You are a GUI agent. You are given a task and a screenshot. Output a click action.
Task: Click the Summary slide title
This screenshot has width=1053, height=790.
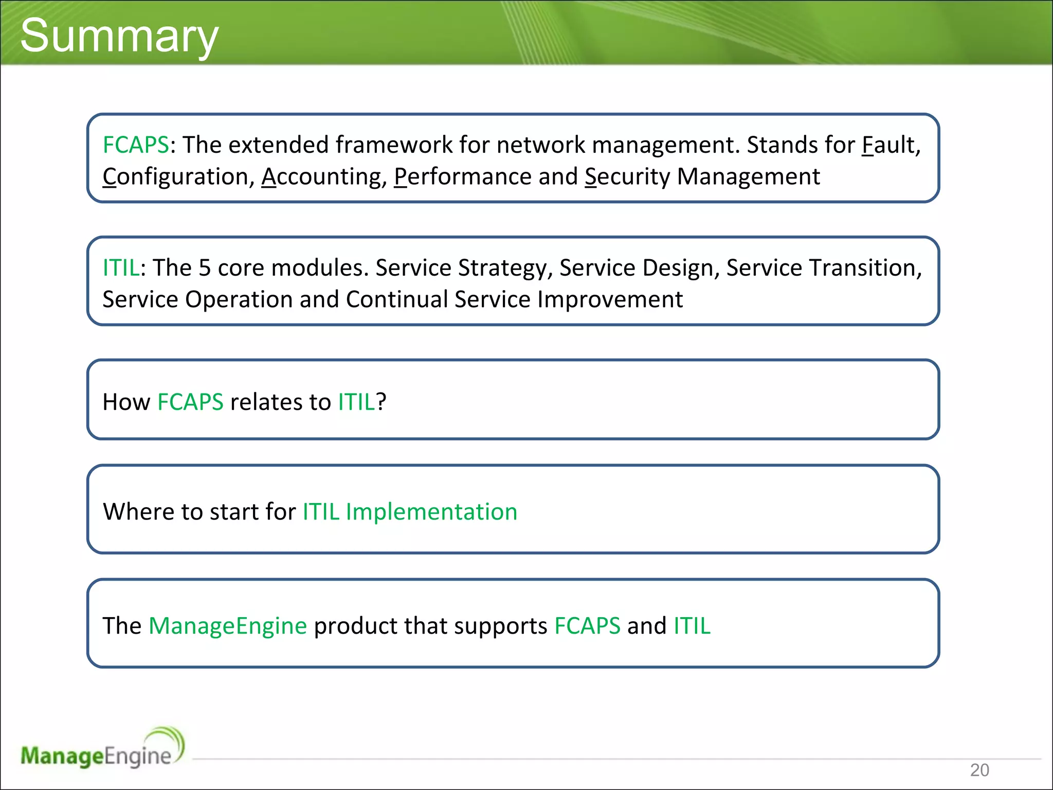pyautogui.click(x=119, y=36)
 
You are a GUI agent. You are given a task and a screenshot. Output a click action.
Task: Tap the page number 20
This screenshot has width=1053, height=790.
pyautogui.click(x=979, y=770)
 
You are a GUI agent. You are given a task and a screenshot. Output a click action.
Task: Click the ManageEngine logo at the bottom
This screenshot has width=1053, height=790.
pyautogui.click(x=102, y=749)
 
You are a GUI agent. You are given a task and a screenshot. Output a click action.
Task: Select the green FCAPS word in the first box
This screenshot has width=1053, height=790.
pyautogui.click(x=136, y=145)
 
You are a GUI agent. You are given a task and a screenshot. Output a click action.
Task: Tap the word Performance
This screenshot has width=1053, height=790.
pyautogui.click(x=462, y=177)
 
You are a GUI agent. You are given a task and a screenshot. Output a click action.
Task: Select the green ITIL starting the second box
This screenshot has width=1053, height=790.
pyautogui.click(x=120, y=268)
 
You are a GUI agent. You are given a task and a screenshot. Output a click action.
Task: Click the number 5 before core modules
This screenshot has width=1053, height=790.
pyautogui.click(x=205, y=268)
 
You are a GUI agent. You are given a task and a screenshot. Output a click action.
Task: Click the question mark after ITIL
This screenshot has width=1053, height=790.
pyautogui.click(x=381, y=402)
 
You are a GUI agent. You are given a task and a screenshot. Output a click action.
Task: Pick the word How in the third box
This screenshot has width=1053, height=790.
pyautogui.click(x=126, y=402)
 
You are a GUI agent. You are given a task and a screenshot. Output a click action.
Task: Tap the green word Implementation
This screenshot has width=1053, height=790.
pyautogui.click(x=431, y=512)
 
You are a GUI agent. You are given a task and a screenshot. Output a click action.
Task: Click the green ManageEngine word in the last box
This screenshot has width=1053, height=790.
pyautogui.click(x=227, y=626)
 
